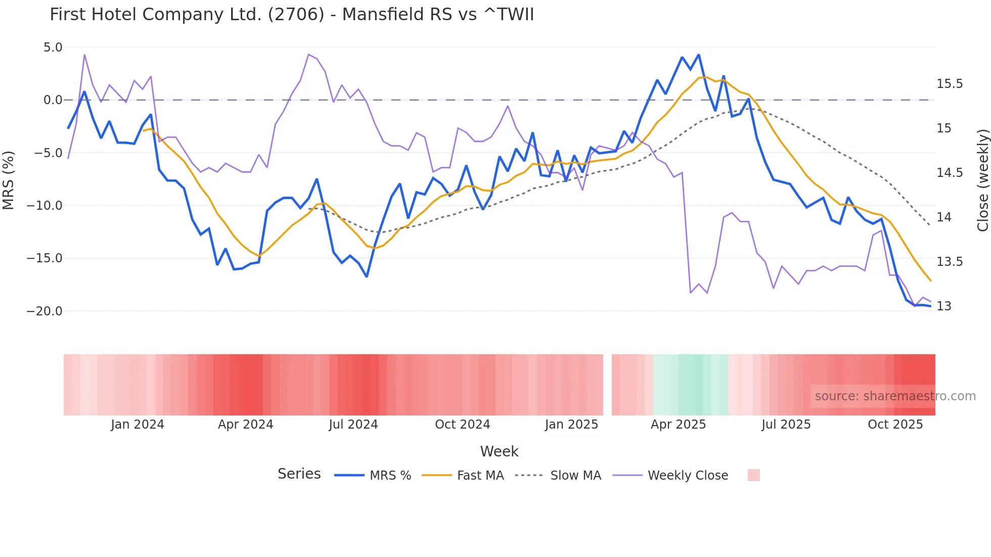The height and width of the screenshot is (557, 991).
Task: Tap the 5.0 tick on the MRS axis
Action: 53,48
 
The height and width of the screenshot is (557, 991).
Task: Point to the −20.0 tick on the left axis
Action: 44,311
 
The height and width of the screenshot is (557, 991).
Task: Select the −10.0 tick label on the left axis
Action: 44,206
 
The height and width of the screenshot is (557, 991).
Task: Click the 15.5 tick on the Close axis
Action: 950,84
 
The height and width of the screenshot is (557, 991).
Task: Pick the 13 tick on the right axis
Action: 943,306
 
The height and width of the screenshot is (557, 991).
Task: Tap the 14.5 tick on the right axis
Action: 950,173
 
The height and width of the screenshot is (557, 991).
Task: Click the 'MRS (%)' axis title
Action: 9,180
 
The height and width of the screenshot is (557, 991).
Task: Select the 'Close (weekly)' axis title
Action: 982,180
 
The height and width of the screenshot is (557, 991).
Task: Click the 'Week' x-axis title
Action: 499,451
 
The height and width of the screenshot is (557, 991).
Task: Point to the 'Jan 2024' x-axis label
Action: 138,425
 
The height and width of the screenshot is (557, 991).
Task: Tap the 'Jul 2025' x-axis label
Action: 786,425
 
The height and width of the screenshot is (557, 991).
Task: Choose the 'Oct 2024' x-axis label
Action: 463,425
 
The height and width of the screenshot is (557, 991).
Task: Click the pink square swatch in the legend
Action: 753,475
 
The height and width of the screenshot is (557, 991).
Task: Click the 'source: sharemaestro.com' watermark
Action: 895,396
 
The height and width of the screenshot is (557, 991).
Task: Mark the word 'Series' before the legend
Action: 299,474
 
